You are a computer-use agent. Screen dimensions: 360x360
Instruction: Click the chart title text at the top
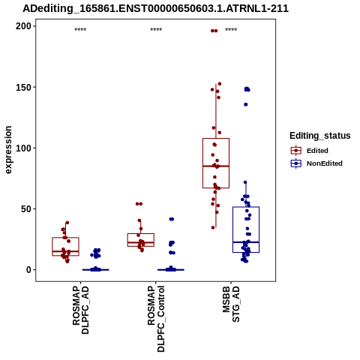click(155, 8)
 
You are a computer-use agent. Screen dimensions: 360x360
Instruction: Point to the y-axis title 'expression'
click(8, 150)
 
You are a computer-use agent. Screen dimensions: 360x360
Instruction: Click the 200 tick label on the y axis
click(23, 26)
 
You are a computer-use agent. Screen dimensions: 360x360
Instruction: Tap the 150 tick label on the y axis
click(23, 87)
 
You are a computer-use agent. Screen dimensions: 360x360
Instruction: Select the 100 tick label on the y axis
click(23, 148)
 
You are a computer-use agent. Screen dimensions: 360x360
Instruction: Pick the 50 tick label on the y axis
click(26, 208)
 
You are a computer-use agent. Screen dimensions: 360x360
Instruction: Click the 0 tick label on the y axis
click(29, 270)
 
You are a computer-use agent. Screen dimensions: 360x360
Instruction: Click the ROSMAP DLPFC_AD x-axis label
click(80, 310)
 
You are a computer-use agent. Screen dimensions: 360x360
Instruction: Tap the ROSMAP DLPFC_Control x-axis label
click(156, 319)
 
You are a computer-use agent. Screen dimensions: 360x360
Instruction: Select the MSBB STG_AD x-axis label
click(231, 304)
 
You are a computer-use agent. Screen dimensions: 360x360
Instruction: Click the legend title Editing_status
click(320, 136)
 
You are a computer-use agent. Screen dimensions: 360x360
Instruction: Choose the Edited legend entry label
click(317, 151)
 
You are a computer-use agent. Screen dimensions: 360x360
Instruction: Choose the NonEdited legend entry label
click(325, 163)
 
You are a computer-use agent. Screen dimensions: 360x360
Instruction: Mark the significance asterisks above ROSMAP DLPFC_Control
click(156, 30)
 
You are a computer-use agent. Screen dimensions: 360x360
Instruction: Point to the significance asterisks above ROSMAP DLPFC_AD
click(80, 30)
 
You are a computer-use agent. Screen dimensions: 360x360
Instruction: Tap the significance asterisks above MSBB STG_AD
click(231, 30)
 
